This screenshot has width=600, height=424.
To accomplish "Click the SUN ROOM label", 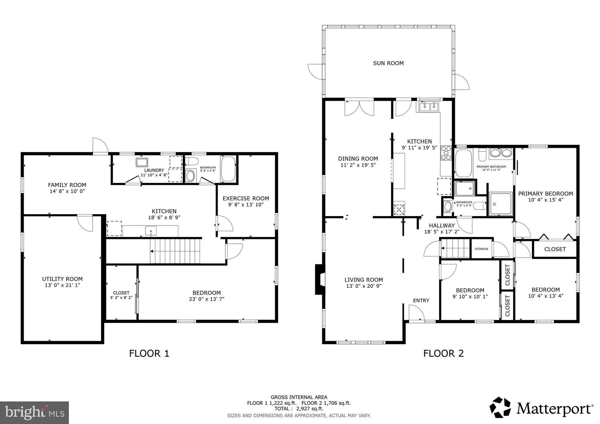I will [388, 63].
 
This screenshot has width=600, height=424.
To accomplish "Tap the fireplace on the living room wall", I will [319, 279].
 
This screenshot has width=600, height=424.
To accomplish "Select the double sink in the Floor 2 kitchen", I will [429, 107].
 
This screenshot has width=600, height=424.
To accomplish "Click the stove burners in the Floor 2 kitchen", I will [446, 153].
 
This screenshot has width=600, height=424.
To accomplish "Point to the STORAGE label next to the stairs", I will [481, 249].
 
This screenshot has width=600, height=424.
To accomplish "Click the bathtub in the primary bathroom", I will [463, 163].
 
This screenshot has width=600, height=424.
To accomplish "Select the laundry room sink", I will [142, 162].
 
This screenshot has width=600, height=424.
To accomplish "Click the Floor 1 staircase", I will [175, 251].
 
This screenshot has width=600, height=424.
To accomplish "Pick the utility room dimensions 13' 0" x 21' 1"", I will [62, 285].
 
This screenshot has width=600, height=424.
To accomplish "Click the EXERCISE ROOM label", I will [246, 198].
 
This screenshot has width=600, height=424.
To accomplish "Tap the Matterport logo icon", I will [500, 407].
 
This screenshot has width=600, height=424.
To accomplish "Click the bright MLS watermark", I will [34, 413].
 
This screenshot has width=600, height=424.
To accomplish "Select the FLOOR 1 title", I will [149, 353].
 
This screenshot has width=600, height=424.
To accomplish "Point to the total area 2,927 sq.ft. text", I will [299, 408].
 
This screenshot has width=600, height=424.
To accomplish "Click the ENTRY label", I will [421, 300].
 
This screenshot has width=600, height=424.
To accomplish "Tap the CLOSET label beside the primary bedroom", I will [555, 249].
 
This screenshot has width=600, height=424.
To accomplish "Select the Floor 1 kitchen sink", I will [151, 231].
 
